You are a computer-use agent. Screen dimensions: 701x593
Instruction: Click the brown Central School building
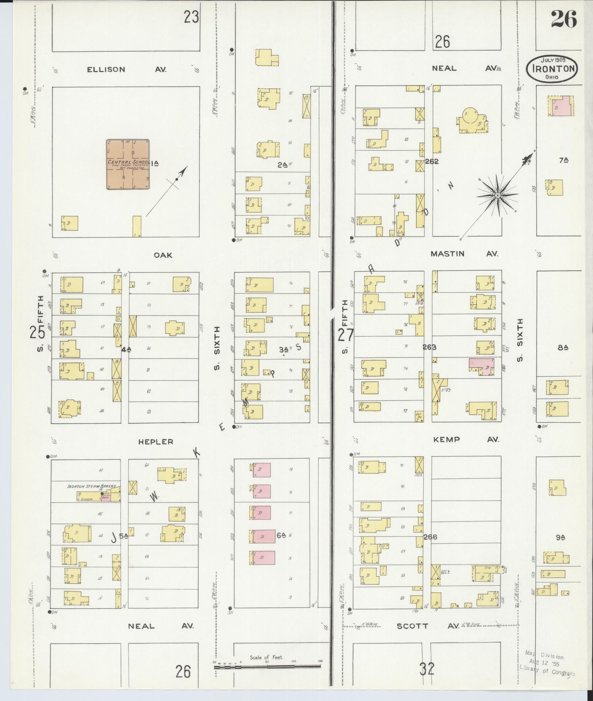pyautogui.click(x=128, y=164)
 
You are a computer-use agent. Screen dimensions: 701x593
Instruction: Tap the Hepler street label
pyautogui.click(x=156, y=442)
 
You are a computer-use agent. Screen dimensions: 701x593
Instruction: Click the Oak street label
pyautogui.click(x=163, y=255)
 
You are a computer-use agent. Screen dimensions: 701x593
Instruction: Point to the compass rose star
pyautogui.click(x=497, y=196)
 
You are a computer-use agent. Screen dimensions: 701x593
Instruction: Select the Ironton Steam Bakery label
pyautogui.click(x=92, y=486)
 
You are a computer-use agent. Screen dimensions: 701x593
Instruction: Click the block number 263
pyautogui.click(x=429, y=347)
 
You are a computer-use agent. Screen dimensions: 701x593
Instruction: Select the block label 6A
pyautogui.click(x=281, y=535)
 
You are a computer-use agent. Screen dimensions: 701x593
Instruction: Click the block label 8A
pyautogui.click(x=563, y=347)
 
